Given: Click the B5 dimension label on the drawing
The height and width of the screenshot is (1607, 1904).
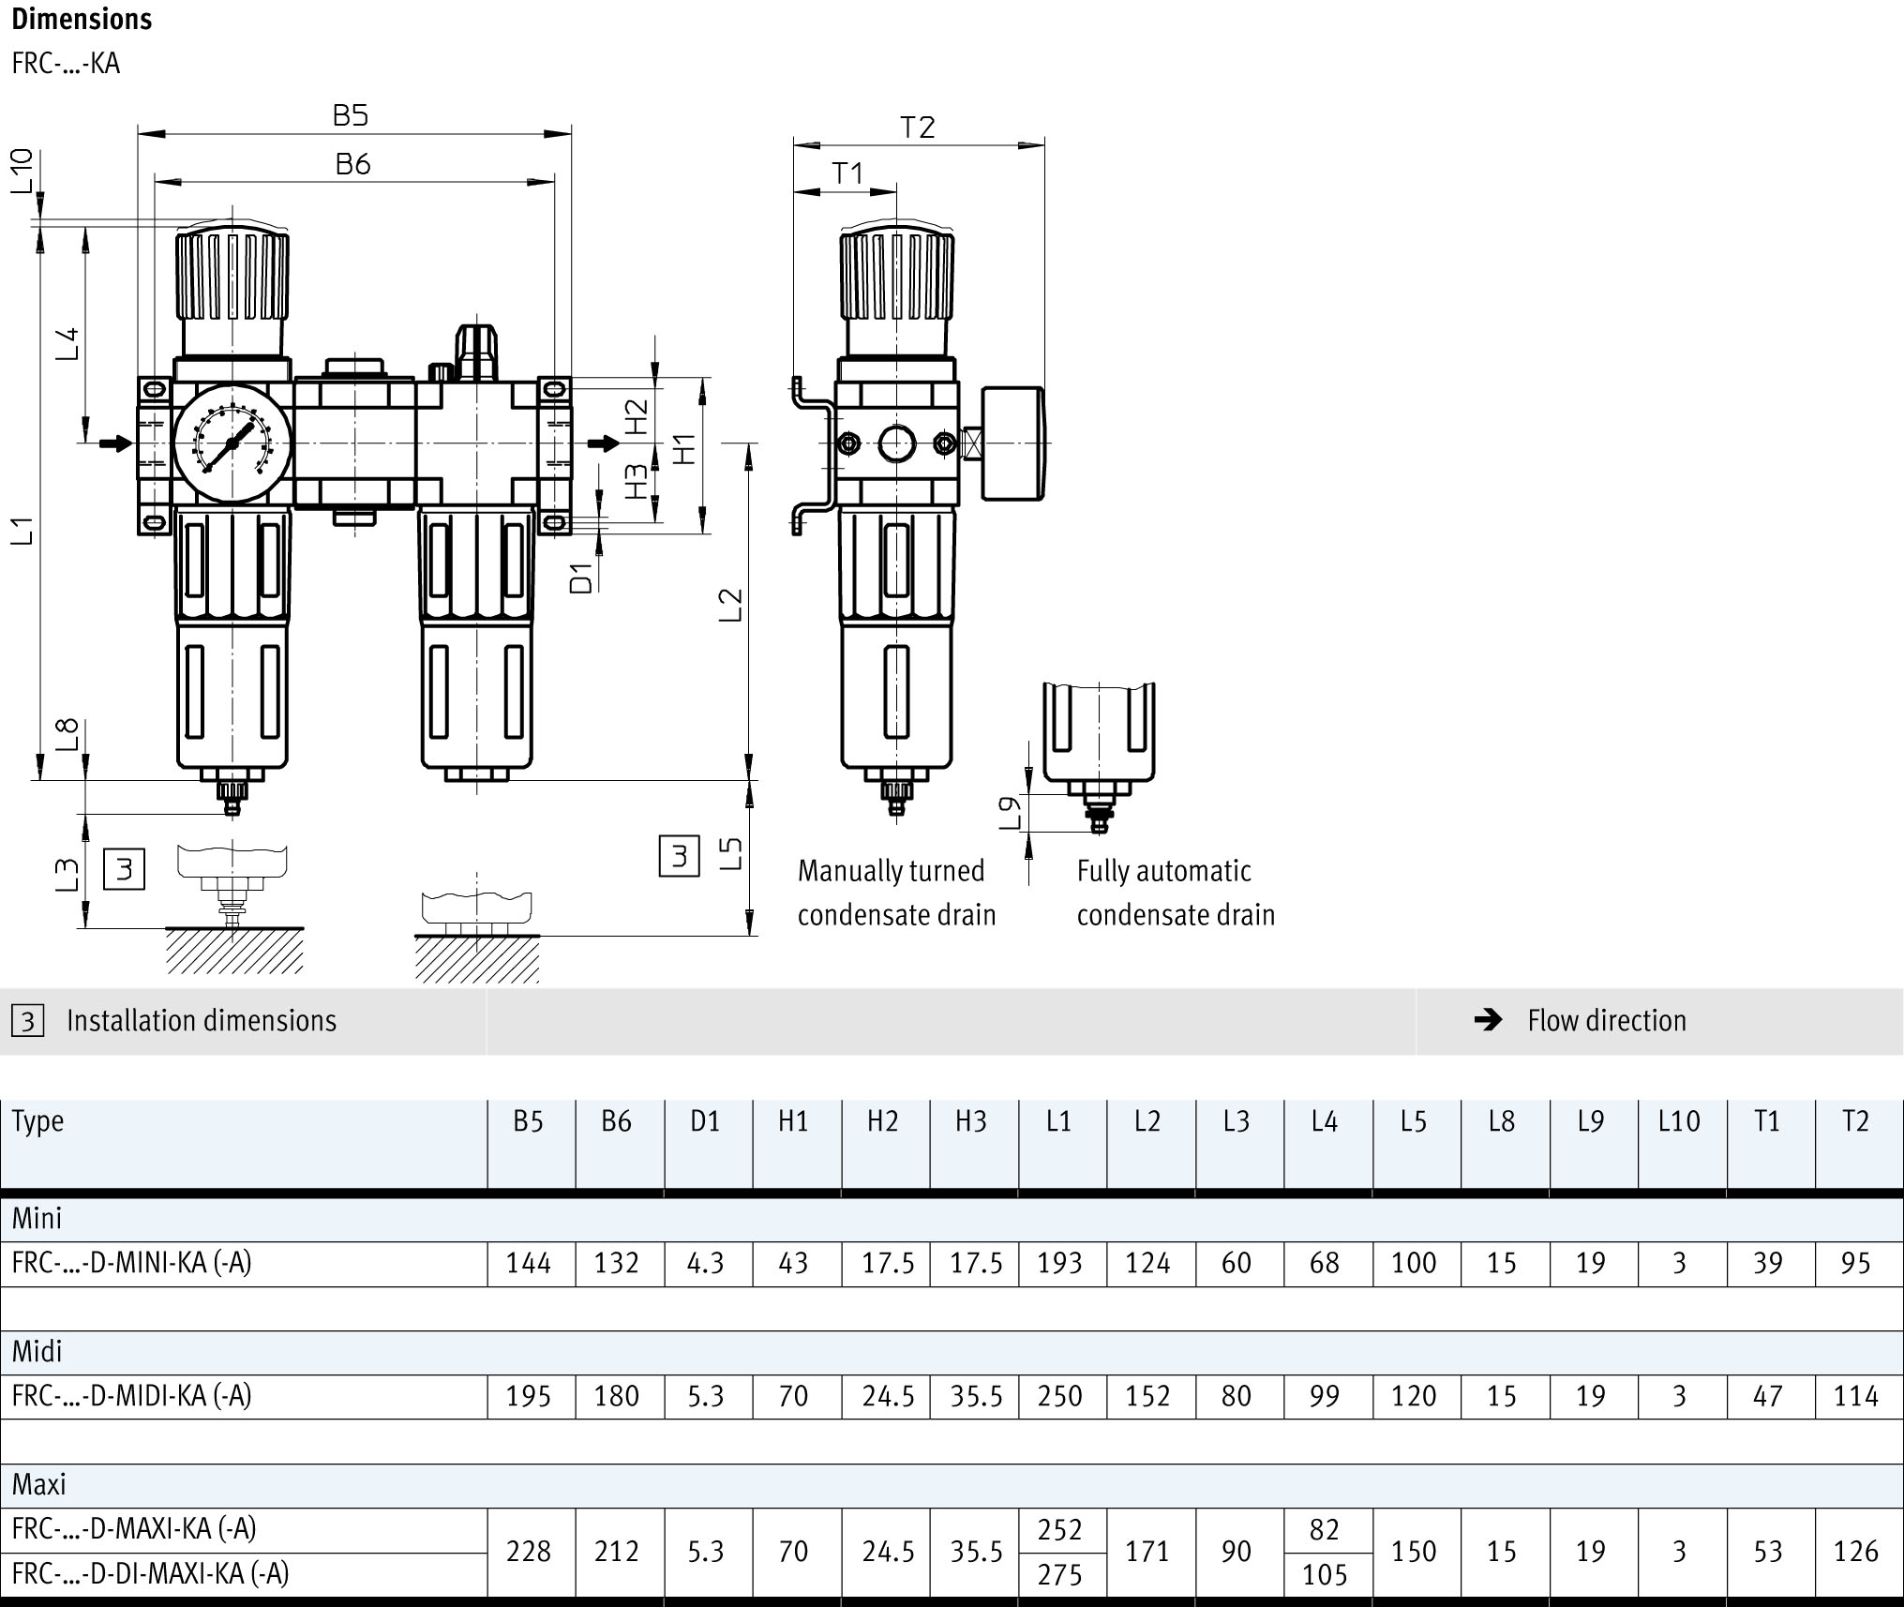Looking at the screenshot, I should coord(351,115).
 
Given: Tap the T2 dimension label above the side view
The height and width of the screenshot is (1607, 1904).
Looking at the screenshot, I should coord(918,128).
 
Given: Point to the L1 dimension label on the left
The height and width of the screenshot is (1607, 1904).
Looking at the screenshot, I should coord(22,531).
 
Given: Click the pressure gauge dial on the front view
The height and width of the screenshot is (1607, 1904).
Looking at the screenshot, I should coord(232,443).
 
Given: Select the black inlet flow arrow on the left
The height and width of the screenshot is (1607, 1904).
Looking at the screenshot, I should coord(116,443).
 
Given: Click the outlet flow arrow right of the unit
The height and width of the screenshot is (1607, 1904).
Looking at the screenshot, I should coord(604,443).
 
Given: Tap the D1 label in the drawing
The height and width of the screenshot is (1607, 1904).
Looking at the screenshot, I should coord(582,578).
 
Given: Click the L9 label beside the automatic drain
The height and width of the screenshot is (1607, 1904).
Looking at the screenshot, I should coord(1010,812).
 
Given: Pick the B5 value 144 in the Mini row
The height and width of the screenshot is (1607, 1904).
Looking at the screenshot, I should coord(529,1264).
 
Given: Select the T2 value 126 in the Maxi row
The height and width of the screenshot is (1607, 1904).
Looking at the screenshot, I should coord(1855,1551).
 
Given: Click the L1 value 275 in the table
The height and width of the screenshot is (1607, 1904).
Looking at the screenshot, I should coord(1059,1574).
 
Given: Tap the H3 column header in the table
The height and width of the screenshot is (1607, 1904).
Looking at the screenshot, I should coord(971,1121).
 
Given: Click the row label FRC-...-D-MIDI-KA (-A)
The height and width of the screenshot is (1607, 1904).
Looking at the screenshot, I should coord(132,1396).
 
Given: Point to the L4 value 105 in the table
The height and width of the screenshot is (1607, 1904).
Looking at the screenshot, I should coord(1325,1574).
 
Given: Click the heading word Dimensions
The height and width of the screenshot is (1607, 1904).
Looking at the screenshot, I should coord(82,19).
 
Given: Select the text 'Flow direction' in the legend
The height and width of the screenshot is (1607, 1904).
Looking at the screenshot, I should coord(1606,1020).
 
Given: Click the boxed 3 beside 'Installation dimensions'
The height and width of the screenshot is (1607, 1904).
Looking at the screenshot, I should coord(28,1020).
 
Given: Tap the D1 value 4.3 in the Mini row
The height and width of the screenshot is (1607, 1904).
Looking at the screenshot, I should coord(705,1264).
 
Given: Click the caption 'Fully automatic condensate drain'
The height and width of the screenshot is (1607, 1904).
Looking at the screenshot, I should coord(1175,893).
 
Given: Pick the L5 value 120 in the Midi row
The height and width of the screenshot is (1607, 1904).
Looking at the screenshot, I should coord(1413,1396).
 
